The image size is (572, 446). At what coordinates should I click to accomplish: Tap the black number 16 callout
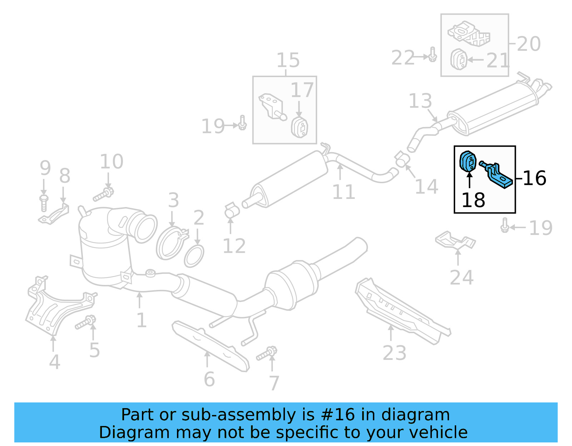point(534,178)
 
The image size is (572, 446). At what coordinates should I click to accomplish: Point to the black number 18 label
point(473,200)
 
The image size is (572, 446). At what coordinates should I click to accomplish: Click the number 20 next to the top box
point(528,44)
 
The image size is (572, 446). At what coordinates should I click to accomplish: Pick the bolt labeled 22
point(432,55)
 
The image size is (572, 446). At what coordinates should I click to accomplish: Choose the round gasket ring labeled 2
point(194,256)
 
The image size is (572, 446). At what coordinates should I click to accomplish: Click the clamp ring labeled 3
point(171,243)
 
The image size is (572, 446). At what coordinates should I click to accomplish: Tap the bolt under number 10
point(104,194)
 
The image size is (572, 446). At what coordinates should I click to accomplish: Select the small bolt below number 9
point(44,202)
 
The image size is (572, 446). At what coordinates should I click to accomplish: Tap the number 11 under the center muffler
point(344,192)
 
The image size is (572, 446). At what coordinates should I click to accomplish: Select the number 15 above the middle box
point(288,60)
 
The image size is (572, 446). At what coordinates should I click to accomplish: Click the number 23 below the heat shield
point(394,353)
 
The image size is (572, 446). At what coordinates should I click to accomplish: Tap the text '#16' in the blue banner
point(338,415)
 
